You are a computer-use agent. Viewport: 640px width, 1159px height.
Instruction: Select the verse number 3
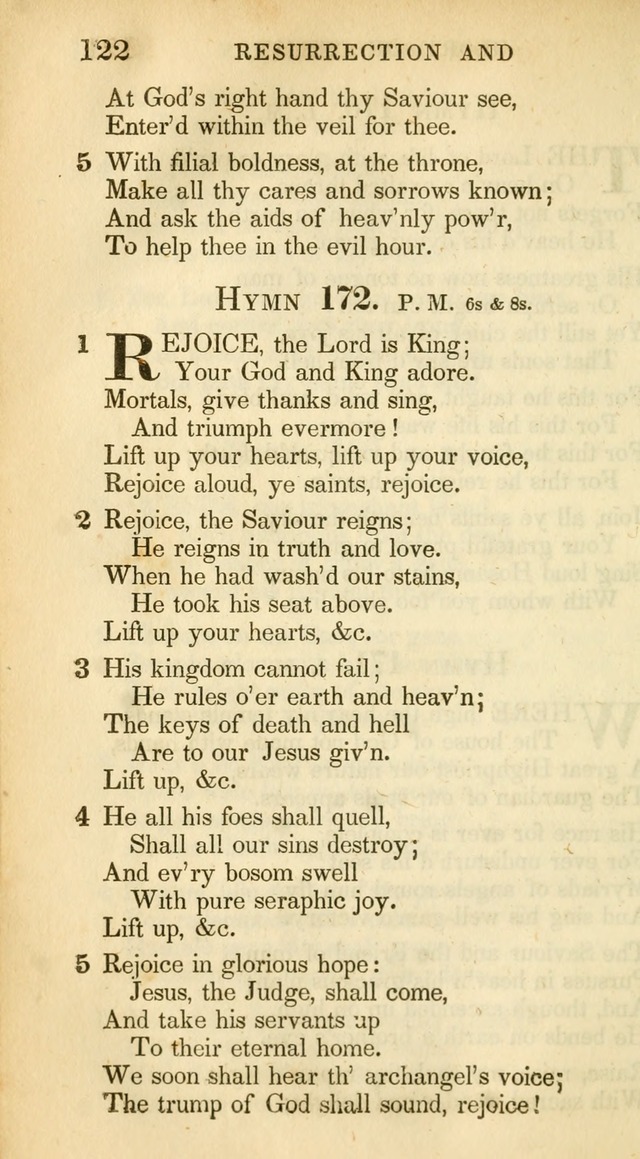pos(83,668)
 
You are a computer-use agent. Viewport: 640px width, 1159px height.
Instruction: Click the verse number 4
pos(83,816)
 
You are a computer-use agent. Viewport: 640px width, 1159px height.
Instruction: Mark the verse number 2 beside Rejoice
pos(83,519)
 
